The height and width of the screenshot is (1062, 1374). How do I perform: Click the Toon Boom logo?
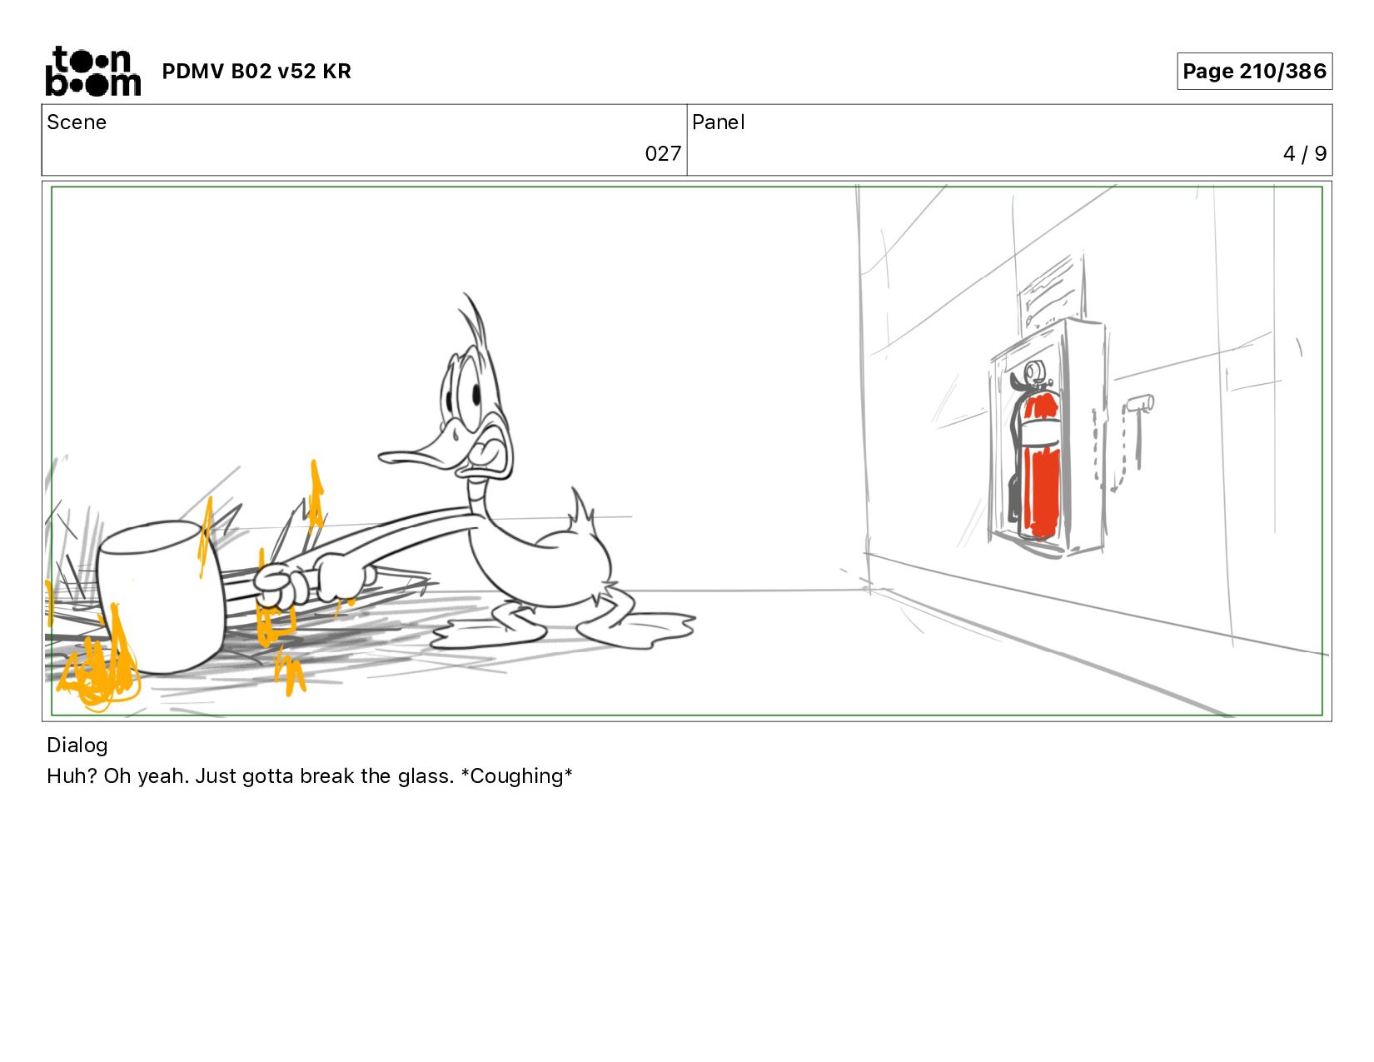(93, 71)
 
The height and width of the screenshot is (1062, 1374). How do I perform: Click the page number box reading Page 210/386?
(1254, 71)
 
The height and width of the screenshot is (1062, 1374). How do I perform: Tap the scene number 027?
(663, 153)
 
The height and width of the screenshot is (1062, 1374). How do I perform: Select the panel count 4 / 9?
(1304, 153)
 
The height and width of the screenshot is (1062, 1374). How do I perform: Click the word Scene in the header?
(77, 122)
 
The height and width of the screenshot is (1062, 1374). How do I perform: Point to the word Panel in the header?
(719, 122)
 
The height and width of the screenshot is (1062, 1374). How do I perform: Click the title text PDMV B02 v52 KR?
(256, 71)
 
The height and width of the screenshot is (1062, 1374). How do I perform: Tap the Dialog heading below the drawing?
(77, 745)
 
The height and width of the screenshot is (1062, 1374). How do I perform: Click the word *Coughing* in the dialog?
(516, 775)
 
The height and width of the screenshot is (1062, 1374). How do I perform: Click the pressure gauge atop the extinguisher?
(1033, 372)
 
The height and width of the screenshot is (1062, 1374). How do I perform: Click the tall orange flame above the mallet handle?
(316, 496)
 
